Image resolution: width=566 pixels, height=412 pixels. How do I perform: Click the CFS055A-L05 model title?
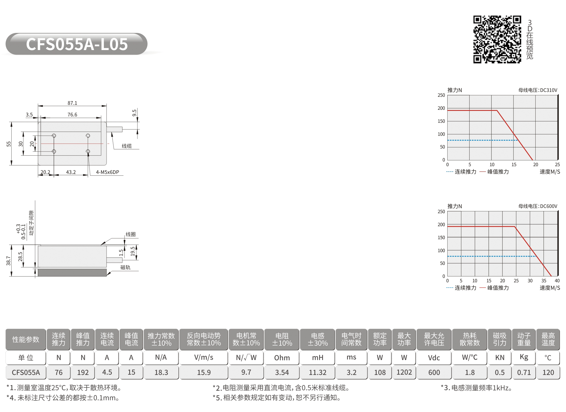[x=77, y=44]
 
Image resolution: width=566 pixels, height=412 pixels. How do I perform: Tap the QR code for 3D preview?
[x=497, y=39]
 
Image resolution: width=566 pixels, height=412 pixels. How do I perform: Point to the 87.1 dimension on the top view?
[x=72, y=103]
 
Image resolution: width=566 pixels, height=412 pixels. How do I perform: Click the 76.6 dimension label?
[x=72, y=114]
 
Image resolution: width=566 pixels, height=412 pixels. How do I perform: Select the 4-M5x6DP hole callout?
[x=107, y=172]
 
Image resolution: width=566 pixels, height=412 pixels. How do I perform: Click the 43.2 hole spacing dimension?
[x=71, y=172]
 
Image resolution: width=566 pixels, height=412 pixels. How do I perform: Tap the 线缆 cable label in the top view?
[x=127, y=146]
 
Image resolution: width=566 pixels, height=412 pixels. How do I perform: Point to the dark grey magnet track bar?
[x=72, y=272]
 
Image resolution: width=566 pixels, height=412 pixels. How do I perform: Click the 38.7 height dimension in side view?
[x=9, y=261]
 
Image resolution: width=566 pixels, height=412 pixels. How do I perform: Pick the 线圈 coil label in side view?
[x=131, y=234]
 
